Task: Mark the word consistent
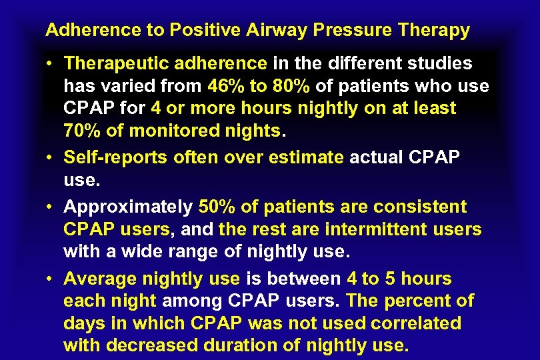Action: point(421,207)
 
